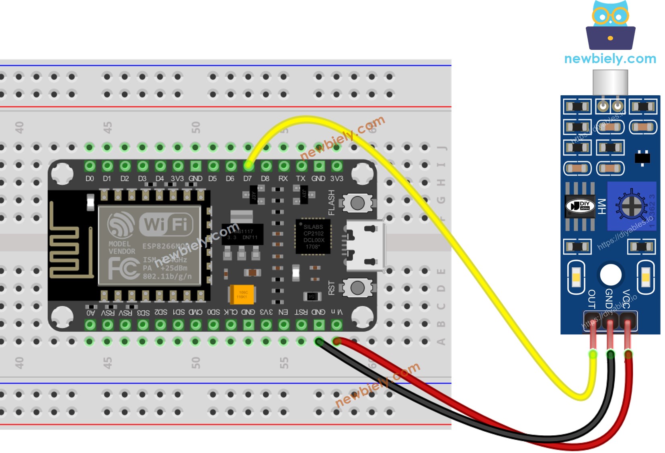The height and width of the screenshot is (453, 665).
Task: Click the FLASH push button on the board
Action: (357, 203)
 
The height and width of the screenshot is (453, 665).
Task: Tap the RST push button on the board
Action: (357, 288)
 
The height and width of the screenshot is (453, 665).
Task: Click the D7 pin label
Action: (247, 178)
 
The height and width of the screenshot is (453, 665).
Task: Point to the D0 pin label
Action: (89, 178)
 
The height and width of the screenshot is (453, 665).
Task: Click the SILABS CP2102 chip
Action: (313, 237)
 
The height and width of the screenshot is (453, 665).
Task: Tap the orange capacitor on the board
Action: (242, 295)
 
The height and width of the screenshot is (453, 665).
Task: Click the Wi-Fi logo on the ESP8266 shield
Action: (166, 223)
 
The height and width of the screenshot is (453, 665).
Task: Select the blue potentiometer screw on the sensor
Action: (632, 206)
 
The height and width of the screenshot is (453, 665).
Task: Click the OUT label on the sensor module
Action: (592, 299)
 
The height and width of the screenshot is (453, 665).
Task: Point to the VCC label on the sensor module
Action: (626, 299)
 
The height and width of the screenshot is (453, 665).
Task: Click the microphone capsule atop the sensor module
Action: (610, 82)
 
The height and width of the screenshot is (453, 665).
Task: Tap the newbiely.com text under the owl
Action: (610, 59)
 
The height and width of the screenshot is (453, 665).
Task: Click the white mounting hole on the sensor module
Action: (610, 275)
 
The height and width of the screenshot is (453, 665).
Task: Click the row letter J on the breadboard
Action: (441, 148)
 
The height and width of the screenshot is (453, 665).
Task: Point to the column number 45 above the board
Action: (107, 128)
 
